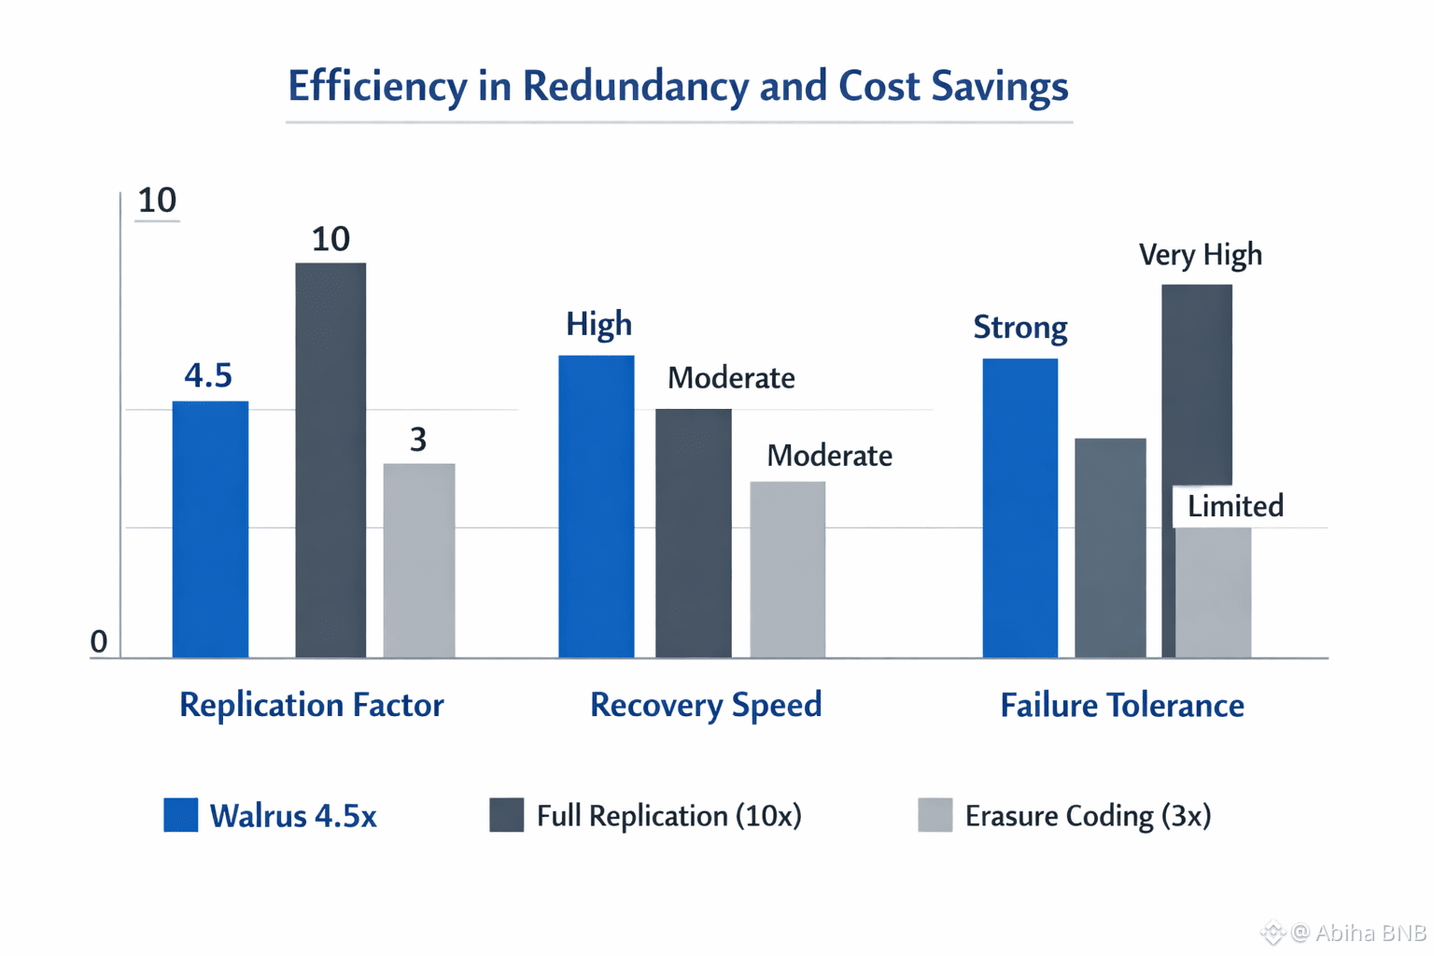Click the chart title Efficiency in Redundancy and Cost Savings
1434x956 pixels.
point(678,86)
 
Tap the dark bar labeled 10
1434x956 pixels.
point(330,459)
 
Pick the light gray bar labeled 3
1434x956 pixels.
point(419,560)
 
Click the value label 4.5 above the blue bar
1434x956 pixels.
point(208,375)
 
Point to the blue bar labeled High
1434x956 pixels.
point(596,506)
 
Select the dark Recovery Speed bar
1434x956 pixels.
point(693,533)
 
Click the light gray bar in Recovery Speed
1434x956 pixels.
point(788,569)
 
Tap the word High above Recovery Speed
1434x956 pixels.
point(598,324)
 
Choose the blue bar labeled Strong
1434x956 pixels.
point(1019,508)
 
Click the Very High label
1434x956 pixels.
point(1200,255)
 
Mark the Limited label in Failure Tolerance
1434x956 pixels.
point(1235,506)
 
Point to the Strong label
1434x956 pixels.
point(1019,328)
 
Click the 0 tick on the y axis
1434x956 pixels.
point(98,642)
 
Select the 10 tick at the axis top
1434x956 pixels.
point(157,201)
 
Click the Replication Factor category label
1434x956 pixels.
point(311,705)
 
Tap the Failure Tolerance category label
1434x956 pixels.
point(1121,706)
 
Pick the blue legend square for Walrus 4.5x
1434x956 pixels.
point(180,815)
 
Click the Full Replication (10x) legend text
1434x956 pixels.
point(668,816)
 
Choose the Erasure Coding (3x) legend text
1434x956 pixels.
point(1088,816)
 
